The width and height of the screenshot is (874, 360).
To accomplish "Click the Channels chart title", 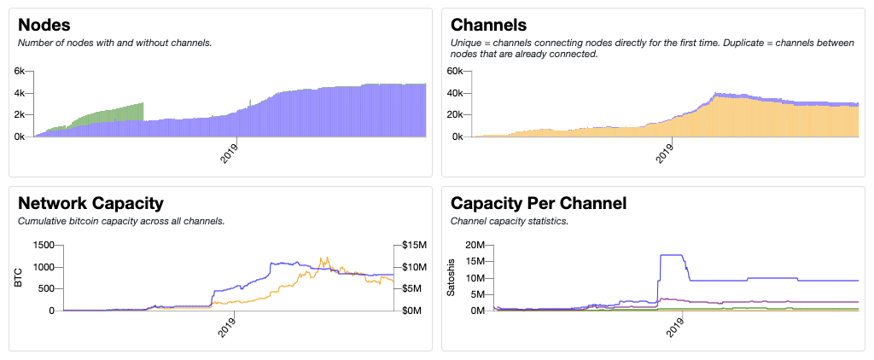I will (x=488, y=25).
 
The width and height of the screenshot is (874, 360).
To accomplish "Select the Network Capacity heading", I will (x=90, y=203).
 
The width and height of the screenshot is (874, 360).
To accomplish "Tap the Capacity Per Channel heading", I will (x=538, y=203).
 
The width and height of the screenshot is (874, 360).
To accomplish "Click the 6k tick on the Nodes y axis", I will (x=21, y=72).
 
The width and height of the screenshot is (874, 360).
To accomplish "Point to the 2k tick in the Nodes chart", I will (x=21, y=114).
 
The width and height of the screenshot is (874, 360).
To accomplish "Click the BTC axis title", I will (x=19, y=277).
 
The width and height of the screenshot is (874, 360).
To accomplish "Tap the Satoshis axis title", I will (x=452, y=277).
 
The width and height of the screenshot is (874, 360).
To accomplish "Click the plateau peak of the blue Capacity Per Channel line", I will (x=673, y=255).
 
